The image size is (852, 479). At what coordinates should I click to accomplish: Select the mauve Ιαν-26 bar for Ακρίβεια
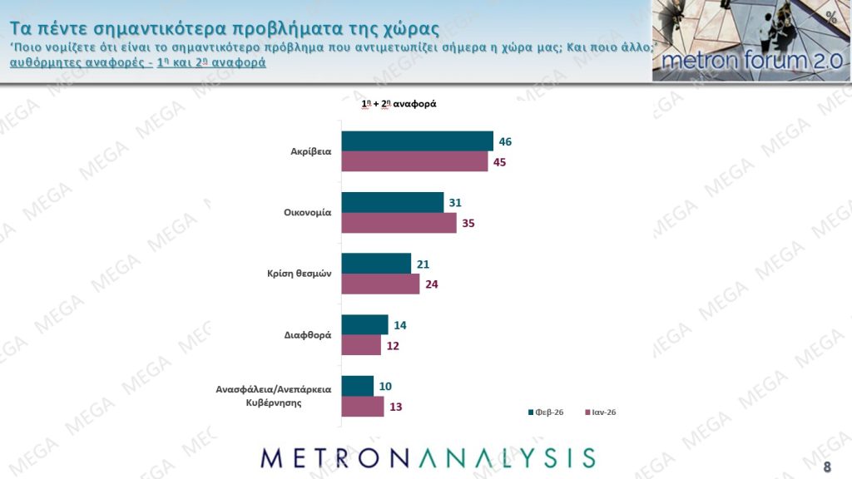pos(414,161)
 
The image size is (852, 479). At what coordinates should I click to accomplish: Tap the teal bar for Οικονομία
pos(393,202)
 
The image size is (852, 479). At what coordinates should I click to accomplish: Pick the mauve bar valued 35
pos(399,223)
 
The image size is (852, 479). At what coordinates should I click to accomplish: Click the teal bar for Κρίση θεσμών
pos(376,264)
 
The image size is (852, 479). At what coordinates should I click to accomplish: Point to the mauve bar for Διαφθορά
pos(361,345)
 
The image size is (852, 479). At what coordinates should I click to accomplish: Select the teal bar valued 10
pos(358,386)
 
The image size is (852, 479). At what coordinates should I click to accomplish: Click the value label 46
pos(505,141)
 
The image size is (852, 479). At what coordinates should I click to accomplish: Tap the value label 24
pos(431,284)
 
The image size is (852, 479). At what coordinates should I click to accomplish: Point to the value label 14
pos(400,325)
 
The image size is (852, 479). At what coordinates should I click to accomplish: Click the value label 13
pos(396,407)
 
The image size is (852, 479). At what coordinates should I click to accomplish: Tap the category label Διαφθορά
pos(308,335)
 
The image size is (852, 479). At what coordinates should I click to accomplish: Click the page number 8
pos(827,466)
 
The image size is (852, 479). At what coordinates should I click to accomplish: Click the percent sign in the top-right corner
pos(831,17)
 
